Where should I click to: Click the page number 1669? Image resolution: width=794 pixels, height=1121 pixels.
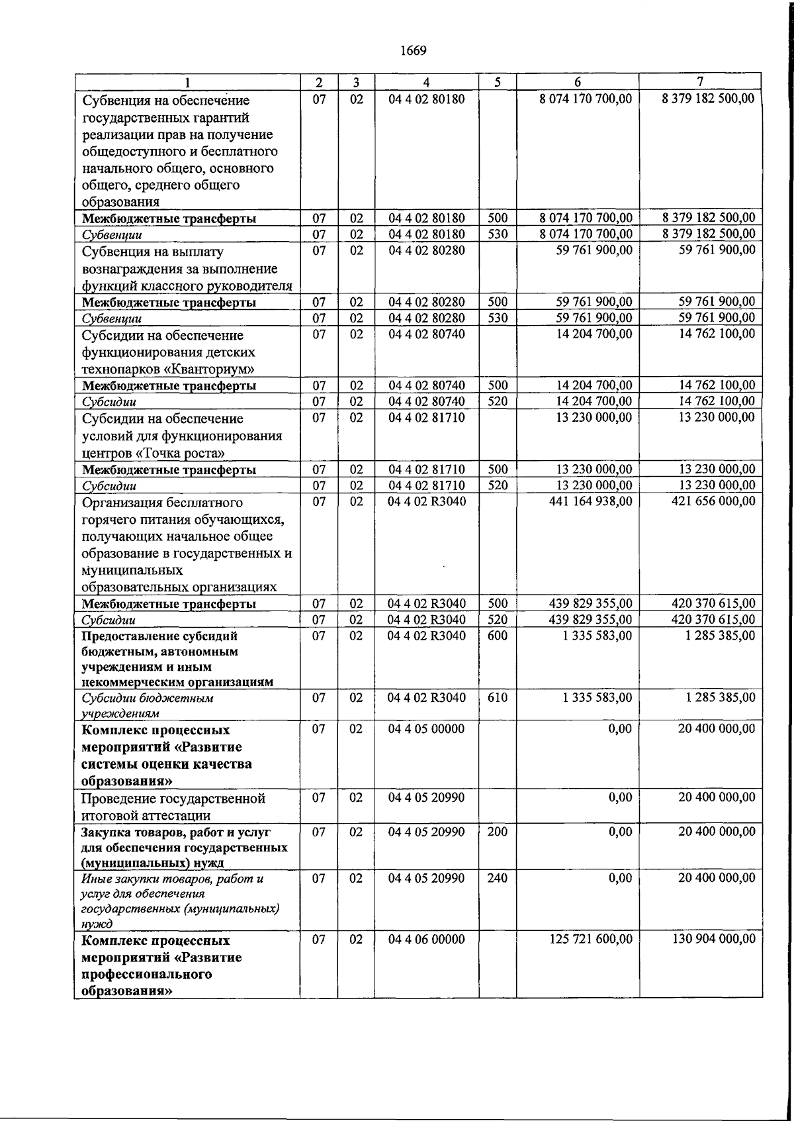[x=413, y=51]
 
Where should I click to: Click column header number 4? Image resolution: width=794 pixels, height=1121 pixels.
[x=426, y=82]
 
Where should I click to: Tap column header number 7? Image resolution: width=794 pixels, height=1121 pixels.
[x=700, y=82]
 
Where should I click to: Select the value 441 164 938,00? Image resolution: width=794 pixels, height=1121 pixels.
[x=590, y=502]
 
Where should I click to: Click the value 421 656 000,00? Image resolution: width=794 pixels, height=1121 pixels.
[x=713, y=502]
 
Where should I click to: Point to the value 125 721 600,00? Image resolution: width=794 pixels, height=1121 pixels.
[x=590, y=940]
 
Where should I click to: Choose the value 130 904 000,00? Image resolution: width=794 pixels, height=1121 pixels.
[x=713, y=940]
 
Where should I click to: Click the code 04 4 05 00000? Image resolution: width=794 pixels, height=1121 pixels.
[x=426, y=729]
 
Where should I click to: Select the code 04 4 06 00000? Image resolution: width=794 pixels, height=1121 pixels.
[x=426, y=940]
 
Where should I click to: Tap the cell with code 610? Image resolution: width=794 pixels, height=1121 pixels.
[x=497, y=697]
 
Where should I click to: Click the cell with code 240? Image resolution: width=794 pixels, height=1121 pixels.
[x=497, y=878]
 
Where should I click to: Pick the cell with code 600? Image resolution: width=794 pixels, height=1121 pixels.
[x=497, y=636]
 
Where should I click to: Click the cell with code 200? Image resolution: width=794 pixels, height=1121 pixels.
[x=497, y=832]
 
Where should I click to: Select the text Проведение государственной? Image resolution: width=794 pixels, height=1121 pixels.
[x=173, y=799]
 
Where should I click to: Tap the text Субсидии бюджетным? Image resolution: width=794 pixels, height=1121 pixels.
[x=147, y=698]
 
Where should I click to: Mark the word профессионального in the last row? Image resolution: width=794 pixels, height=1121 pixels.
[x=146, y=975]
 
